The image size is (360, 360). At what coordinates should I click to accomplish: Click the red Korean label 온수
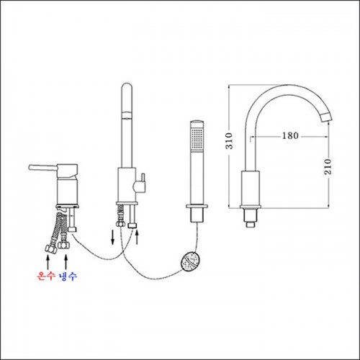pos(46,276)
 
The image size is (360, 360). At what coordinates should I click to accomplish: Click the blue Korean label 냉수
pos(68,276)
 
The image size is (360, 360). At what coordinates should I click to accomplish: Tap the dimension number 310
pos(229,141)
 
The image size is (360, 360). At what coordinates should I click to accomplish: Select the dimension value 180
pos(290,136)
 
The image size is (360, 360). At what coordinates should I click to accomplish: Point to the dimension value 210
pos(328,166)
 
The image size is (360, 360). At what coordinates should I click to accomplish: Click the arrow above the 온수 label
pos(48,262)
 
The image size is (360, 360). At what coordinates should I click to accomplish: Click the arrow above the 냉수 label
pos(66,262)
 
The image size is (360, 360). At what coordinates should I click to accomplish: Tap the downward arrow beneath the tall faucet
pos(112,238)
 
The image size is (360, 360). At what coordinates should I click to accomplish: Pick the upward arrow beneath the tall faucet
pos(137,237)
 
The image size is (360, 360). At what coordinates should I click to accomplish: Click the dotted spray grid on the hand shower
pos(197,138)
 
